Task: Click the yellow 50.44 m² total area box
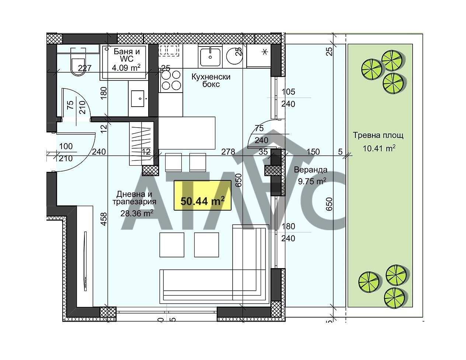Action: click(202, 195)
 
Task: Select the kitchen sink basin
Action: click(210, 57)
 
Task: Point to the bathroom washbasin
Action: click(138, 98)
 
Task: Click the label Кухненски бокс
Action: click(211, 80)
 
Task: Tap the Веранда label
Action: click(310, 170)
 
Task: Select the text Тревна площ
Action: click(378, 135)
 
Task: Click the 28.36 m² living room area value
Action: click(137, 214)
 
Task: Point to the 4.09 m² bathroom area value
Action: click(126, 68)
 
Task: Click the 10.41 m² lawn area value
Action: click(379, 148)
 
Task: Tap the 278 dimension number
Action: click(228, 152)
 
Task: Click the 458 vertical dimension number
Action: click(104, 219)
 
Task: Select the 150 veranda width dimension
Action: click(313, 152)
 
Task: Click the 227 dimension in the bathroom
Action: click(85, 68)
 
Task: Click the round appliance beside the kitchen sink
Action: click(234, 56)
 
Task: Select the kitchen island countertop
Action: click(187, 133)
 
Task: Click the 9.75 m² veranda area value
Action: click(312, 181)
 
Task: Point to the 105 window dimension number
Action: click(288, 92)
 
